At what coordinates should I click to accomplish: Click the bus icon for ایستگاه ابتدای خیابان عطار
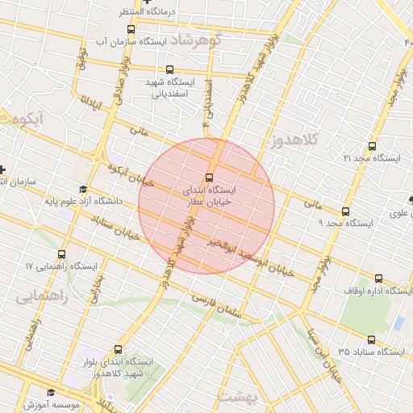pyautogui.click(x=210, y=177)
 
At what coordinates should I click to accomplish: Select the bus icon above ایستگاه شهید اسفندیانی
pyautogui.click(x=169, y=70)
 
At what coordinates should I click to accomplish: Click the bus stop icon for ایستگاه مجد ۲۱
pyautogui.click(x=372, y=146)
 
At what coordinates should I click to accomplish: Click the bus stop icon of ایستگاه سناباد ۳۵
pyautogui.click(x=372, y=340)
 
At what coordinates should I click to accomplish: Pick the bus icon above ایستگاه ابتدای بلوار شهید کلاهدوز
pyautogui.click(x=119, y=349)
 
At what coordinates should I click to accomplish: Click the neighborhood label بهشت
pyautogui.click(x=237, y=397)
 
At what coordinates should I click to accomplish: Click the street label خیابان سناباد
pyautogui.click(x=116, y=227)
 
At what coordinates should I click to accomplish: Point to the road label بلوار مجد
pyautogui.click(x=320, y=275)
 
